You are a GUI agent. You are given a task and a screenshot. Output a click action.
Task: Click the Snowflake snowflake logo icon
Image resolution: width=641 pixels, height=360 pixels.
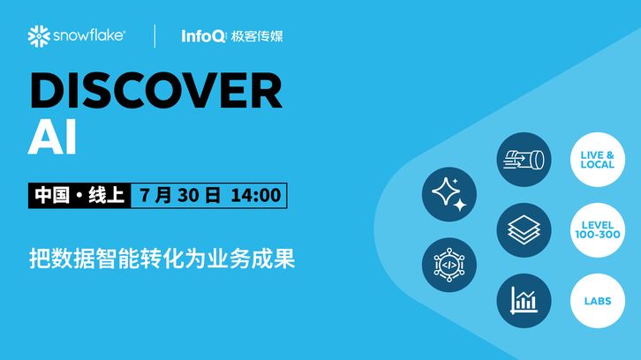pyautogui.click(x=39, y=36)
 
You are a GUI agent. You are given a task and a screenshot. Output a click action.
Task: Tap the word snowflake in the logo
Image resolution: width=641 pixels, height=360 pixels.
pyautogui.click(x=88, y=35)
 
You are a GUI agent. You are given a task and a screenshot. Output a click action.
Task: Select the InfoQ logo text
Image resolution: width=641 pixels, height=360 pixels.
pyautogui.click(x=203, y=36)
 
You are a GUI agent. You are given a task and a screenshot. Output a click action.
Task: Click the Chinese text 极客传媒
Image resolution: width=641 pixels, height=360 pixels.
pyautogui.click(x=257, y=36)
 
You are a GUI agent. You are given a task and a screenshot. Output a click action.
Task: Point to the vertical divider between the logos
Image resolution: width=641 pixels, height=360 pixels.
pyautogui.click(x=155, y=36)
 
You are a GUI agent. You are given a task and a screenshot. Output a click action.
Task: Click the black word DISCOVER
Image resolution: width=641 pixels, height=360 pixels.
pyautogui.click(x=155, y=90)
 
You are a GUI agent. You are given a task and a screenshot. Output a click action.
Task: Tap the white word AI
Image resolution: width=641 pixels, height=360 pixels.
pyautogui.click(x=52, y=137)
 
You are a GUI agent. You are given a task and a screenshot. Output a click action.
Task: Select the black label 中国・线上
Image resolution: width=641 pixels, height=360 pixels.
pyautogui.click(x=79, y=195)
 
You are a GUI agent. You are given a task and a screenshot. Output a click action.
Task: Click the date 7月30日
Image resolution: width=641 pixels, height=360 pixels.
pyautogui.click(x=180, y=195)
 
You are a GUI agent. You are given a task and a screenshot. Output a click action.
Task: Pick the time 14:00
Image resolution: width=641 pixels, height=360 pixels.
pyautogui.click(x=256, y=195)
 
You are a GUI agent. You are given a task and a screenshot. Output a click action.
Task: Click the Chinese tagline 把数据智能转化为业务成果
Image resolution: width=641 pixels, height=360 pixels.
pyautogui.click(x=162, y=259)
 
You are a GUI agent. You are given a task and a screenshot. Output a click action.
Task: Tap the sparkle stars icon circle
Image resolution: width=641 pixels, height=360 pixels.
pyautogui.click(x=449, y=194)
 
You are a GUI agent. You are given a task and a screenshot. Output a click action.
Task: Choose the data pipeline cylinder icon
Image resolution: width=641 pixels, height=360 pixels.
pyautogui.click(x=524, y=160)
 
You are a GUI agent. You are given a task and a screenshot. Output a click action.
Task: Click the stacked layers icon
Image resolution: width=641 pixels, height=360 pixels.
pyautogui.click(x=524, y=230)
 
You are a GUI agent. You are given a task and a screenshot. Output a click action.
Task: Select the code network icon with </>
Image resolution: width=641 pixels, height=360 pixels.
pyautogui.click(x=449, y=265)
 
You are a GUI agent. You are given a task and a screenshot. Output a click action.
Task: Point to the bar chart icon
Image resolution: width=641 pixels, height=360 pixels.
pyautogui.click(x=524, y=301)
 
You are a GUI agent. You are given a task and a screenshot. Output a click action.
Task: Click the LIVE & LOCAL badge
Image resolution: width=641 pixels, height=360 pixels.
pyautogui.click(x=598, y=160)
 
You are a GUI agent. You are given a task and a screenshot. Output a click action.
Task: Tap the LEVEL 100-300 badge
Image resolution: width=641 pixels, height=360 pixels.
pyautogui.click(x=598, y=230)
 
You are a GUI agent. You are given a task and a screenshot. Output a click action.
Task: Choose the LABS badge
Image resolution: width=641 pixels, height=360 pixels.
pyautogui.click(x=598, y=301)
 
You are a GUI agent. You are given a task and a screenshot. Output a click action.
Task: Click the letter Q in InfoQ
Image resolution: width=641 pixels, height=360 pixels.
pyautogui.click(x=218, y=37)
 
